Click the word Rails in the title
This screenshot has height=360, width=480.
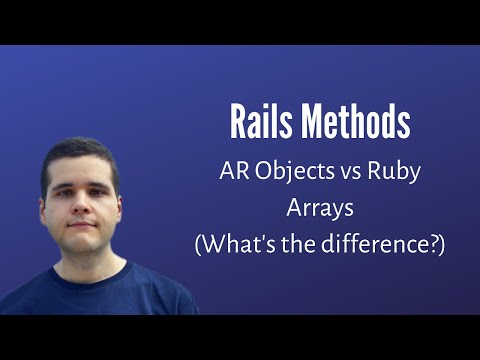point(264,123)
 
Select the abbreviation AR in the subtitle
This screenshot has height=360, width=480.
point(233,171)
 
